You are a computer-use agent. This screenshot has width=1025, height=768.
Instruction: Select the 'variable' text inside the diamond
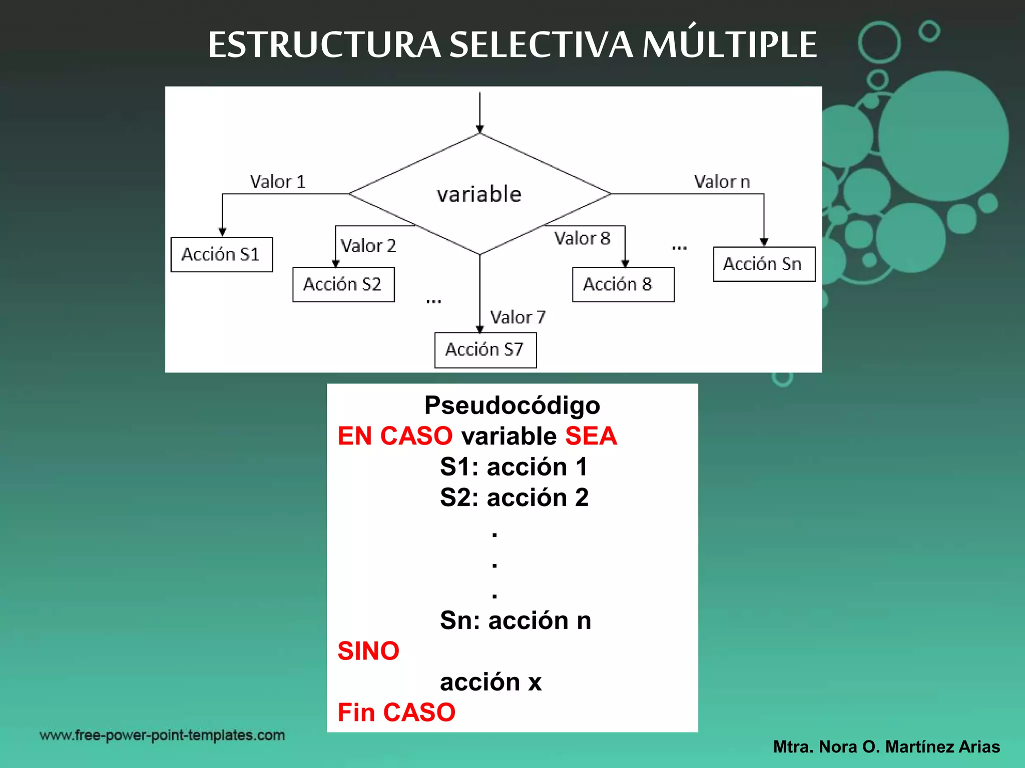point(479,194)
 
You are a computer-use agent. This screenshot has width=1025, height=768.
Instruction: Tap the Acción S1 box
point(222,254)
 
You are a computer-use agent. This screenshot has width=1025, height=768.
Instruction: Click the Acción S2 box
point(343,284)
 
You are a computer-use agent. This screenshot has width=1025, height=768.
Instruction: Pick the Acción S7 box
point(485,350)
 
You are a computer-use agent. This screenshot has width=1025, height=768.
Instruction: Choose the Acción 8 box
point(623,284)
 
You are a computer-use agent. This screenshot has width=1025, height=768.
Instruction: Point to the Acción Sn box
point(764,264)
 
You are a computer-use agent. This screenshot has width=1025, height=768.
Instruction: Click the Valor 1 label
point(278,181)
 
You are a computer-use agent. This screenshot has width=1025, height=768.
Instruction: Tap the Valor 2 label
point(368,245)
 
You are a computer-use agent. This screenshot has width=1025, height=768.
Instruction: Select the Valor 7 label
point(518,317)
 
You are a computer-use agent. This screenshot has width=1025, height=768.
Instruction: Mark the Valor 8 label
point(582,238)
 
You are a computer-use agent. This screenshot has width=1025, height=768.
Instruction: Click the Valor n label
point(722,181)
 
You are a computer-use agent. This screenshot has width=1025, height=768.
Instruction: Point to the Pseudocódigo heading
point(512,405)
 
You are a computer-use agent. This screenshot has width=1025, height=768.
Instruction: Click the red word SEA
point(591,436)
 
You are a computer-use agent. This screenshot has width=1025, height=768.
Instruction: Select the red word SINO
point(368,651)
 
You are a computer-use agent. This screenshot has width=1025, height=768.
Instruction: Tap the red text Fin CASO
point(396,712)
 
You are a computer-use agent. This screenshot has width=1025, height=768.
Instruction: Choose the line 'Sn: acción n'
point(516,620)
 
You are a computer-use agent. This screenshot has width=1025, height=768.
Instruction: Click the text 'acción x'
point(490,682)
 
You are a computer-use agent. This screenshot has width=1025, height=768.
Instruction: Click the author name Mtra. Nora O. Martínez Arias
point(886,746)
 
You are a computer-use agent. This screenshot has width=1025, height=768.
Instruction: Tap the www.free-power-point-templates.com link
point(162,735)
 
